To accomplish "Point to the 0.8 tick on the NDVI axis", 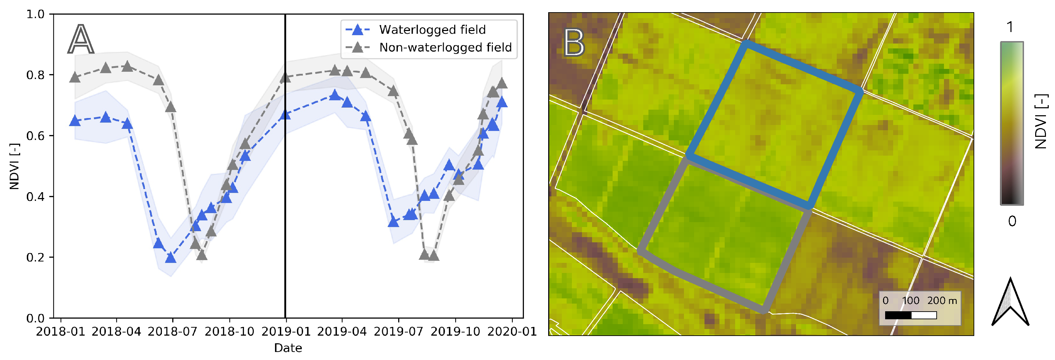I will coord(35,75).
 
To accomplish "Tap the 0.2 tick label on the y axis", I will coord(35,258).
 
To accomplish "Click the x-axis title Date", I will coord(288,348).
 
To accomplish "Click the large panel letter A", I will coord(81,39).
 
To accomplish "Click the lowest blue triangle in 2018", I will coord(171,258).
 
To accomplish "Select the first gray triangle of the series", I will coord(74,77).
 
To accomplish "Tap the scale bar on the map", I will coord(911,315).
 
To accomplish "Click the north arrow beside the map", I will coord(1010,303).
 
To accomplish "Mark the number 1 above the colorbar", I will coord(1010,28).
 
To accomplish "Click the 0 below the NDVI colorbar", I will coord(1011,221).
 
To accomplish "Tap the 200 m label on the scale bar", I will coord(942,300).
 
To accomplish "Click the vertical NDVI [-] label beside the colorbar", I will coord(1041,122).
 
